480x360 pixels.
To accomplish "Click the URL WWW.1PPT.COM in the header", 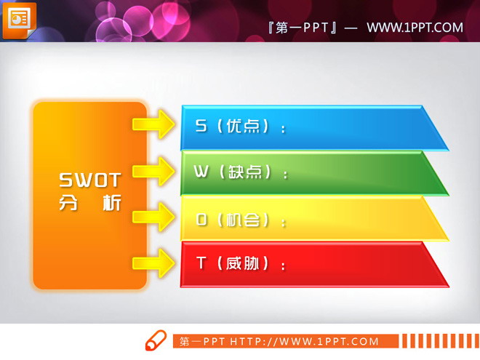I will [415, 28].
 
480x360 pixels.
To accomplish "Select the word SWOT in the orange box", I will [89, 180].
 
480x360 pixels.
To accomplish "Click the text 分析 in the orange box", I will [89, 203].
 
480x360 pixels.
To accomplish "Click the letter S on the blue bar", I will [201, 126].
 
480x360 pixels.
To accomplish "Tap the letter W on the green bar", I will [201, 172].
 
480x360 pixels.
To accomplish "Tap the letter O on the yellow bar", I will [201, 219].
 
